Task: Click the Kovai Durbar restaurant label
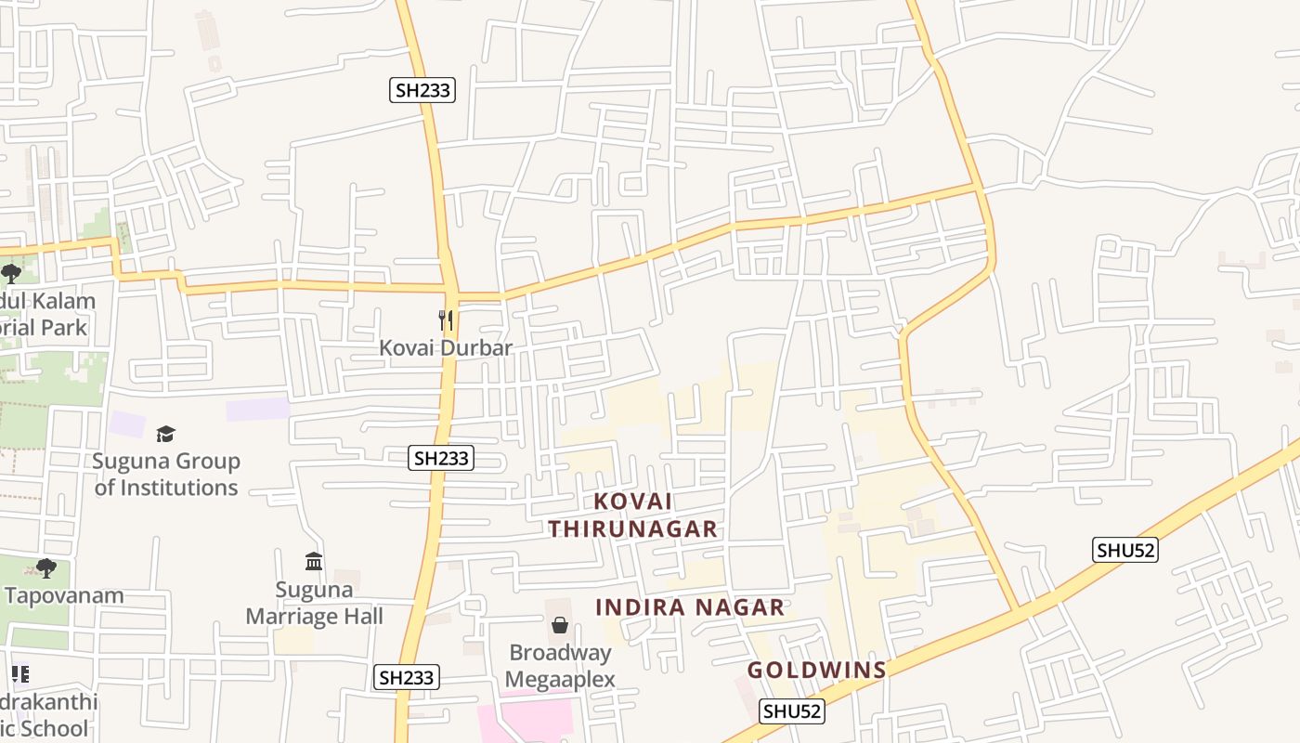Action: [x=446, y=348]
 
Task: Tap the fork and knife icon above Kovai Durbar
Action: [x=446, y=320]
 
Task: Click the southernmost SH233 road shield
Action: [x=407, y=678]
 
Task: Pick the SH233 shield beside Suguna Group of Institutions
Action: [x=441, y=458]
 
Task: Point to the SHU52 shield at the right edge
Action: [x=1125, y=550]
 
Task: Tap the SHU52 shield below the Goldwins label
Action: [x=792, y=711]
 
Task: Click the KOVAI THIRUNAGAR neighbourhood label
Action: [x=632, y=515]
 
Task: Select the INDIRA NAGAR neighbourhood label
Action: [x=690, y=607]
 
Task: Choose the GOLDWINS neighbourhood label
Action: [x=817, y=670]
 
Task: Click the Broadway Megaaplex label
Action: [x=560, y=666]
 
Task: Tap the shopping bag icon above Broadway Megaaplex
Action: [x=560, y=625]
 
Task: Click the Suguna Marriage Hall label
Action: [x=315, y=603]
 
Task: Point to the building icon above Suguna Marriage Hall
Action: [x=314, y=562]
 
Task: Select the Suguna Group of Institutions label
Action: [x=166, y=474]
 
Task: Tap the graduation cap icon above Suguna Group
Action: [x=165, y=434]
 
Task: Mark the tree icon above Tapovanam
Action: [x=45, y=568]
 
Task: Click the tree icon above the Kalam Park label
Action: [x=11, y=273]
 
